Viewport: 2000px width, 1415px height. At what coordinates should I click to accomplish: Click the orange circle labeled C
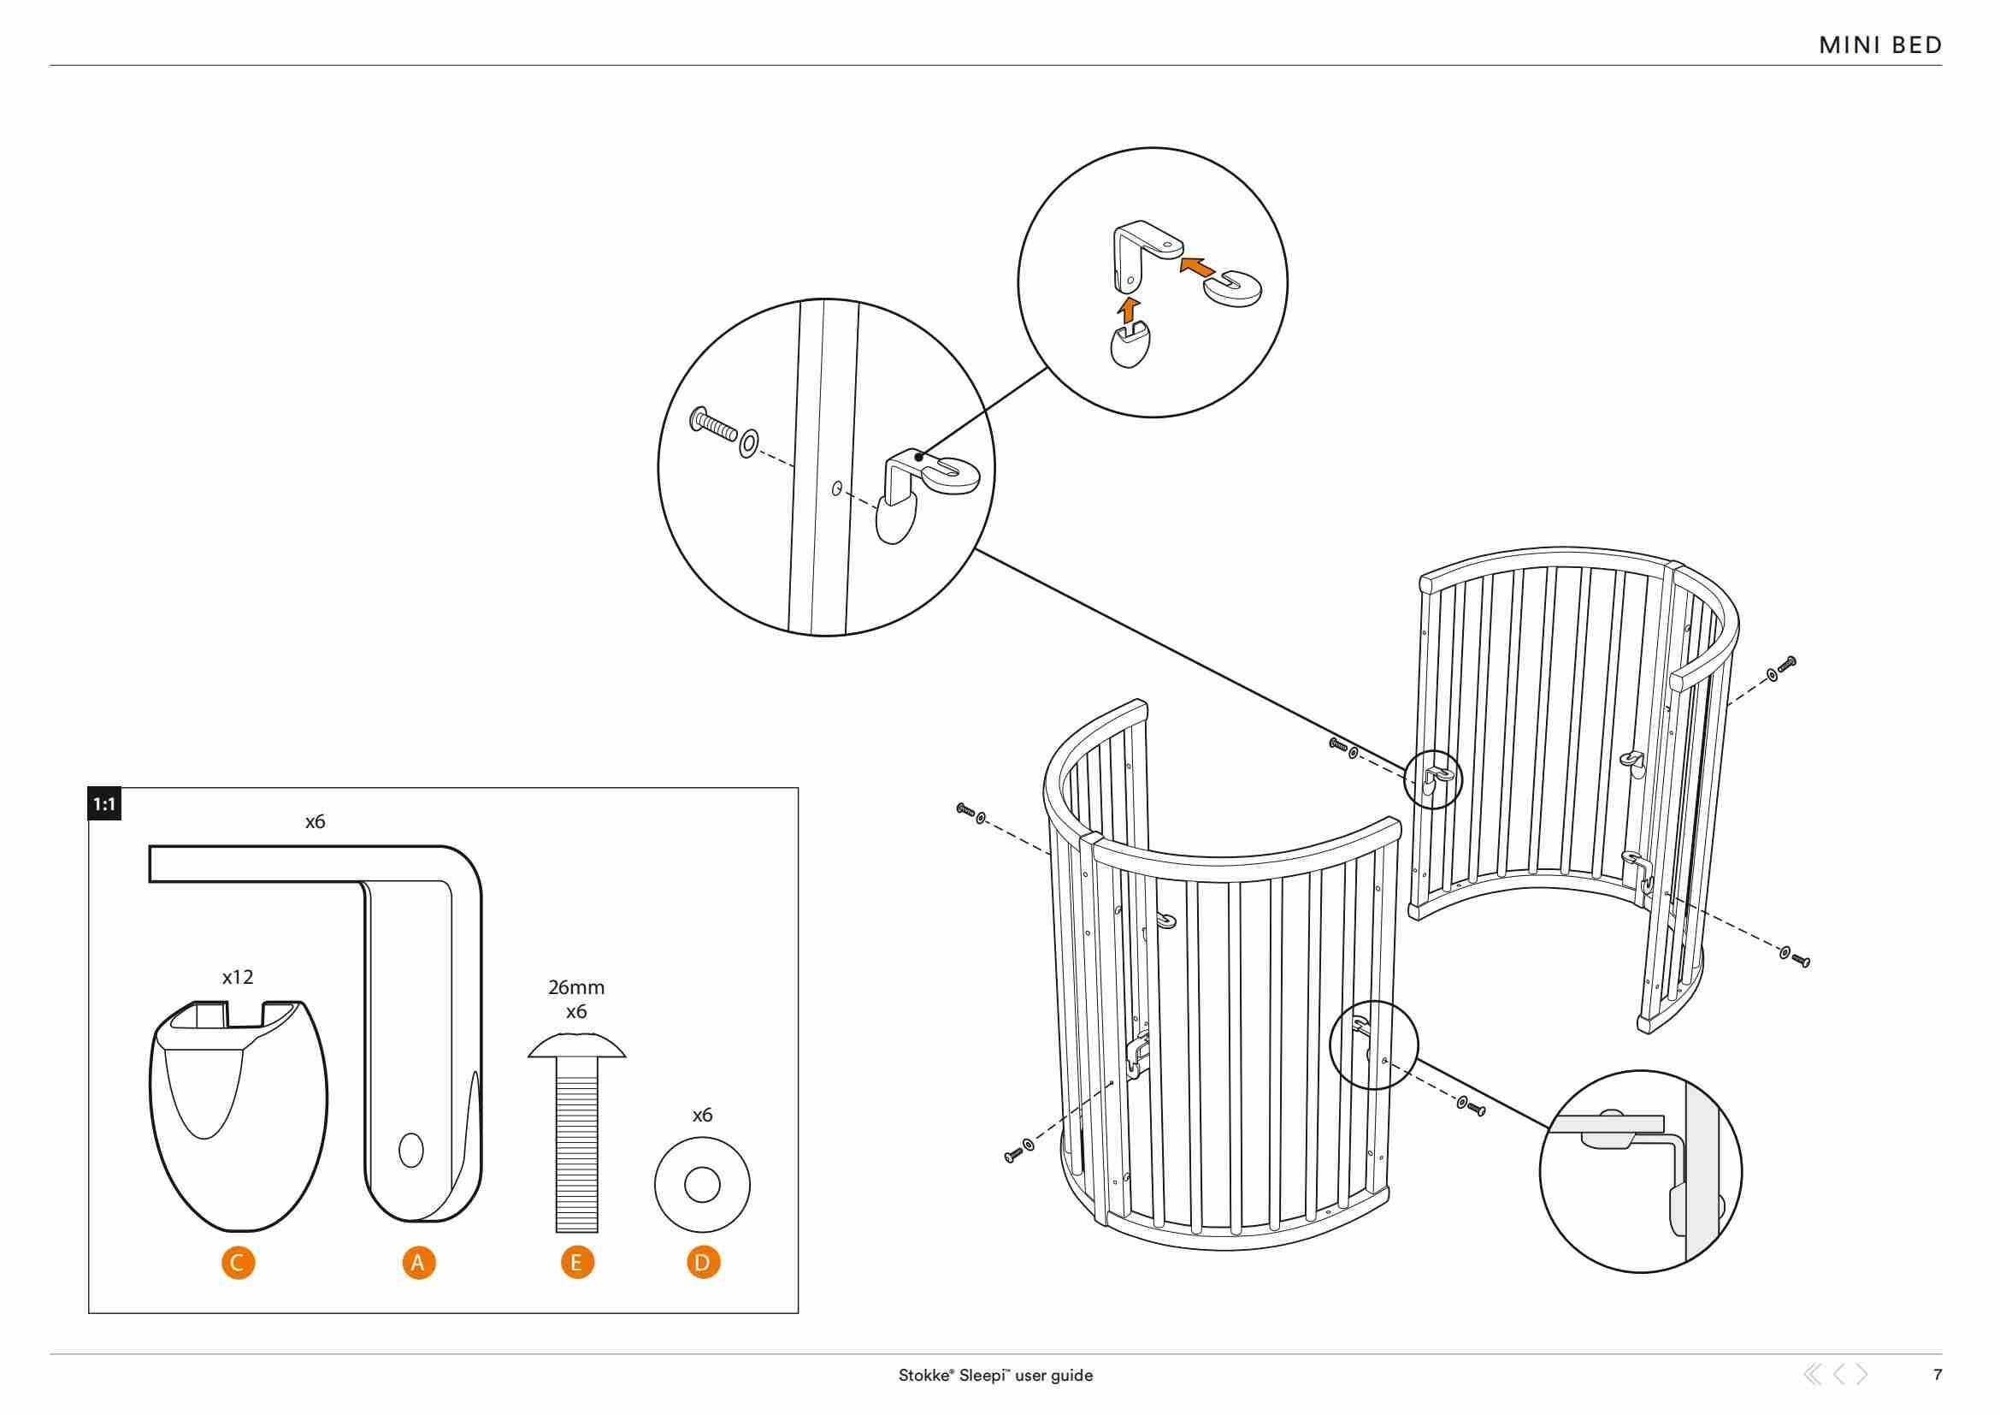(239, 1262)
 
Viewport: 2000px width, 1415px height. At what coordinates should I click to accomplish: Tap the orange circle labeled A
(418, 1262)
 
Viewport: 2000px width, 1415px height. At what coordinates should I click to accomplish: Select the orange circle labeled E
(576, 1262)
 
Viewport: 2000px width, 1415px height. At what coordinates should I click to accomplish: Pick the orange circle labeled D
(703, 1262)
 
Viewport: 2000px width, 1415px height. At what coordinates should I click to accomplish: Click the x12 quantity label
(237, 978)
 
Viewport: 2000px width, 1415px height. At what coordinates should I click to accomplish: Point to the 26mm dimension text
(575, 988)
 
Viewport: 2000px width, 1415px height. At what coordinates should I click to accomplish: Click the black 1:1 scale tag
(104, 805)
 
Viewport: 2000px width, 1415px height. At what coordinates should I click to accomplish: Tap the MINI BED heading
(1880, 46)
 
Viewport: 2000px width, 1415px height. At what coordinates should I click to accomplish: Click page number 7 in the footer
(1938, 1375)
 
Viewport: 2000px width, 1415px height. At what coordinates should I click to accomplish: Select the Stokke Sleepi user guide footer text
(995, 1376)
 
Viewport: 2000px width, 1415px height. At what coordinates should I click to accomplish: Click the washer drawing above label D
(702, 1186)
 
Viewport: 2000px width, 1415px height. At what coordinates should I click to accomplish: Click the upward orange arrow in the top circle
(1128, 310)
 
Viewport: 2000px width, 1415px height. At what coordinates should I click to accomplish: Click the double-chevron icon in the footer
(1813, 1375)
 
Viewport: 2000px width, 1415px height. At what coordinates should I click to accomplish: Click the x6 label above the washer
(702, 1116)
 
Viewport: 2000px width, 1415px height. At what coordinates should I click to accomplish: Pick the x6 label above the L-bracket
(316, 821)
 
